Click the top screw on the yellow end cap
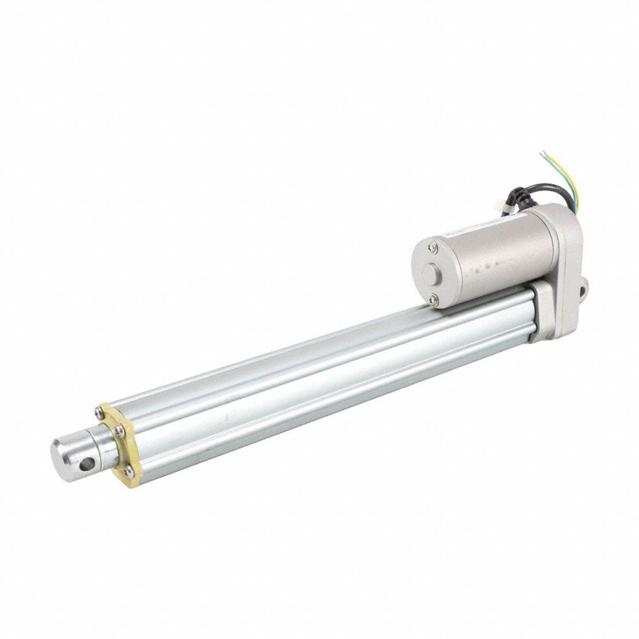click(x=98, y=412)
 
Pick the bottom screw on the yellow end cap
click(x=129, y=472)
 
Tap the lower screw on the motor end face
click(x=435, y=296)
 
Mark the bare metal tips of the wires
click(x=543, y=154)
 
